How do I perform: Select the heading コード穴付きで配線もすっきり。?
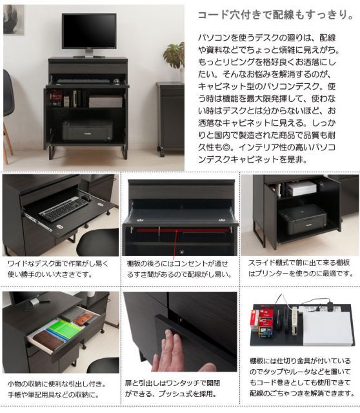pyautogui.click(x=274, y=14)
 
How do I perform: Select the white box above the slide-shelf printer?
pyautogui.click(x=301, y=189)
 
